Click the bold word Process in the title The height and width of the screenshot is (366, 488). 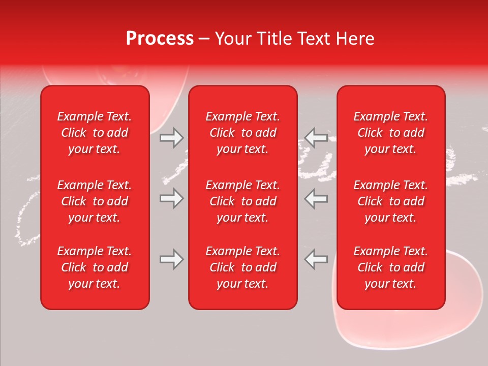click(160, 39)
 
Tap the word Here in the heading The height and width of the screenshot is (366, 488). click(354, 39)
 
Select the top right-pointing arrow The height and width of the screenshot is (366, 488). click(171, 137)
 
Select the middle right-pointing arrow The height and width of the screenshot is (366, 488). click(171, 198)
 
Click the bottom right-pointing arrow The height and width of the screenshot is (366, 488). click(171, 259)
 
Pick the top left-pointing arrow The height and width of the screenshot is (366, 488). click(316, 137)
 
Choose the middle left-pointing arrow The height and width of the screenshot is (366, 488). click(316, 198)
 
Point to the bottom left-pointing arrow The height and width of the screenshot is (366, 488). click(316, 259)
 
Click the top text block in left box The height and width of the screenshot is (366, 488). click(95, 133)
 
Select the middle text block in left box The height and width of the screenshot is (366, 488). click(95, 201)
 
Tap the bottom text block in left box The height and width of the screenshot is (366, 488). click(95, 267)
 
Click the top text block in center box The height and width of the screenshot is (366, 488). click(242, 133)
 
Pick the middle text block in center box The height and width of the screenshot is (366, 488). click(242, 201)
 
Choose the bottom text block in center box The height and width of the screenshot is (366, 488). click(242, 267)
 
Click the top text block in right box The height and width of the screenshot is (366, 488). click(391, 133)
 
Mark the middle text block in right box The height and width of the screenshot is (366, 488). click(391, 201)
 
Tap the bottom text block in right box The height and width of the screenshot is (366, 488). click(391, 267)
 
